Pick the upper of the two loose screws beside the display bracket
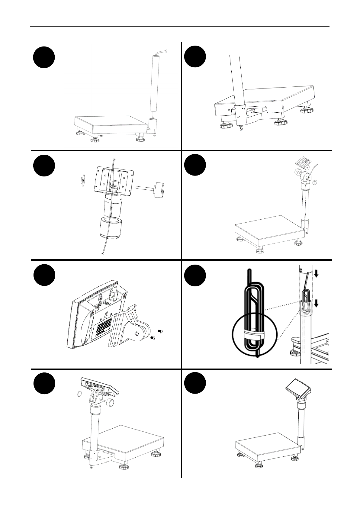click(x=161, y=331)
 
